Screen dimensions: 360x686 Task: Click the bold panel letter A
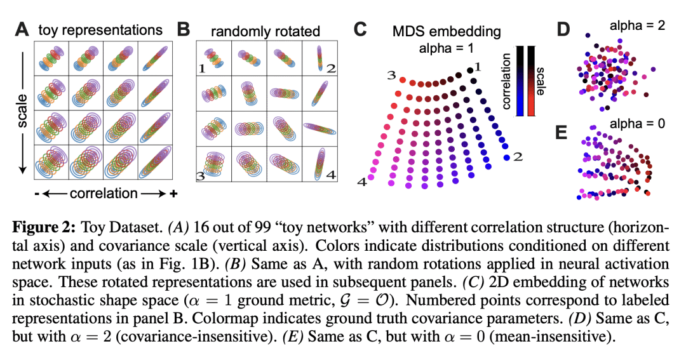22,29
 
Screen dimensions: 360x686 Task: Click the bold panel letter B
184,29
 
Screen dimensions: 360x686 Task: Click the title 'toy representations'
100,30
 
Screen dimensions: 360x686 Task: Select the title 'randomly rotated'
266,30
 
